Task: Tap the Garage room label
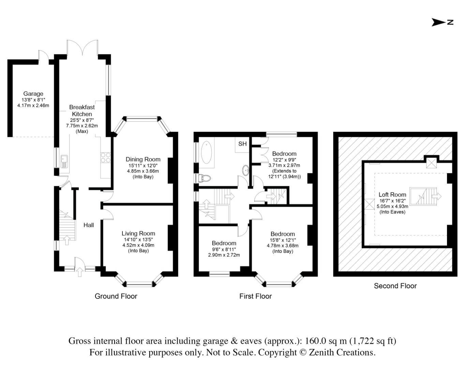tap(33, 94)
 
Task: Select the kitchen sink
tap(64, 161)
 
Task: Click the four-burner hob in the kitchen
tap(105, 157)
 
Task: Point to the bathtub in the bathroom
tap(207, 153)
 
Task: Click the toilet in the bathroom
tap(205, 179)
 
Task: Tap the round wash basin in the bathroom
tap(246, 170)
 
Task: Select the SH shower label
tap(242, 144)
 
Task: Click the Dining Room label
tap(143, 159)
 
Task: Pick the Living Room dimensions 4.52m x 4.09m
tap(138, 245)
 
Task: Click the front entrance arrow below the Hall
tap(80, 272)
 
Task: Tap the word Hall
tap(89, 225)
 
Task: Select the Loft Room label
tap(392, 195)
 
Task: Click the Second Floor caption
tap(395, 286)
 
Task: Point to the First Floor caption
tap(255, 296)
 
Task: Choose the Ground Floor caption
tap(116, 296)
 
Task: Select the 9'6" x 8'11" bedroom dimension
tap(224, 249)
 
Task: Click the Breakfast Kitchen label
tap(82, 111)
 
